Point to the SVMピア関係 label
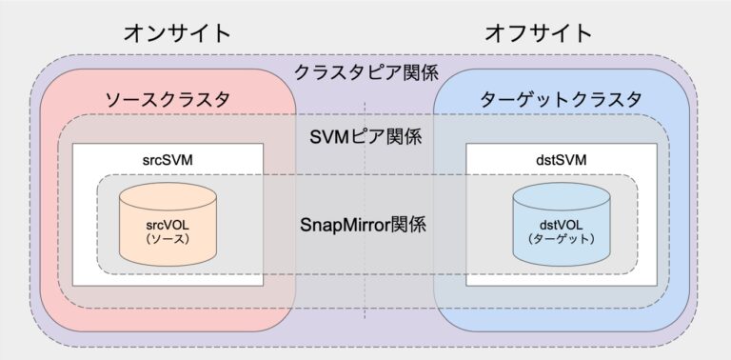coord(365,135)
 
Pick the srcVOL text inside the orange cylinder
coord(167,225)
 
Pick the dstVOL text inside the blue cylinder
coord(560,225)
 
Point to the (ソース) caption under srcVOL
coord(167,240)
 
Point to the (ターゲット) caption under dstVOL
coord(560,240)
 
